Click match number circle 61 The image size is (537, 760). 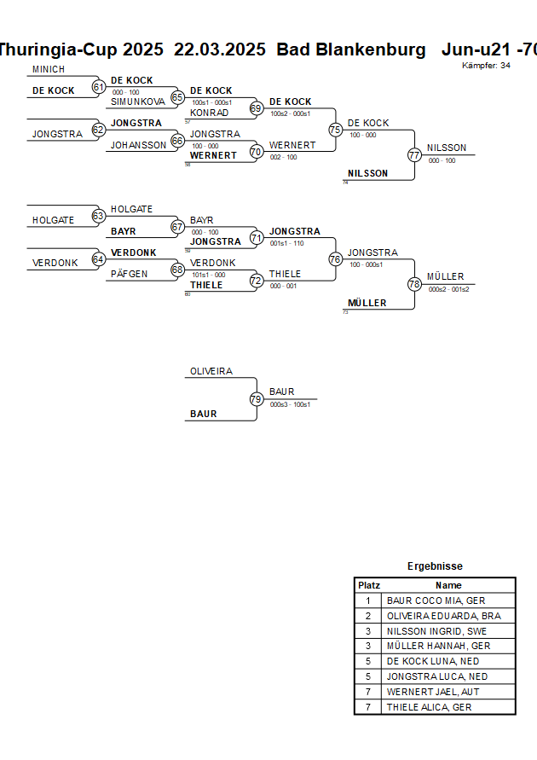tap(98, 87)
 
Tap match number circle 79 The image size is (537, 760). tap(256, 399)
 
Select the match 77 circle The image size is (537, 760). tap(414, 155)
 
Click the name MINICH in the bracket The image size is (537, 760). tap(49, 69)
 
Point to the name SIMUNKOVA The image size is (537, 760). tap(138, 102)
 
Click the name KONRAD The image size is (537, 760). tap(209, 113)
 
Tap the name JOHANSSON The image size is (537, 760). tap(139, 145)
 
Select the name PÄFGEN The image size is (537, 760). tap(130, 274)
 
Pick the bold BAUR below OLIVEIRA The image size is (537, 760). tap(204, 414)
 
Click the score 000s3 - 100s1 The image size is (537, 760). tap(290, 404)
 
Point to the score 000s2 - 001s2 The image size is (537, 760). tap(448, 289)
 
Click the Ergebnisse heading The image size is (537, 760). tap(435, 566)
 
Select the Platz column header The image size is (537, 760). tap(369, 585)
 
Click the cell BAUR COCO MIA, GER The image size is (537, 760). tap(436, 600)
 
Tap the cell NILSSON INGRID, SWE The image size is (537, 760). tap(436, 631)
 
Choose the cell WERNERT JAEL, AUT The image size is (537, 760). tap(435, 692)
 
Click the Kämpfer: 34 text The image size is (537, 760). tap(487, 66)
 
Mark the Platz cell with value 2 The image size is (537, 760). tap(368, 616)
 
